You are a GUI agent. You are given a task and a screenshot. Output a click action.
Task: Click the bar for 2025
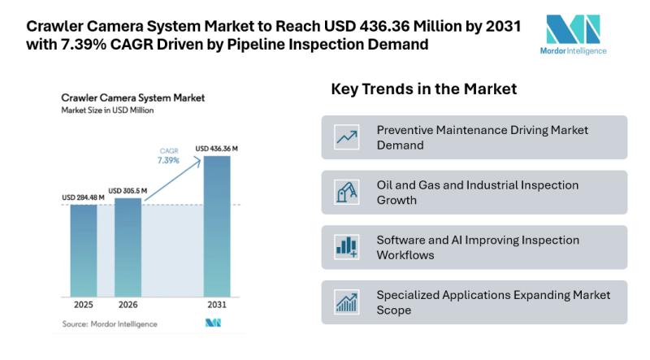click(x=84, y=250)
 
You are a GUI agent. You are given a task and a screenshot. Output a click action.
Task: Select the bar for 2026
click(x=128, y=247)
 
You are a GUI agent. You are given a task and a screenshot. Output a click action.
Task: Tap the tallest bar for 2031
click(x=217, y=227)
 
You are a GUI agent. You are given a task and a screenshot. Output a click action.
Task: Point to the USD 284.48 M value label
click(x=83, y=197)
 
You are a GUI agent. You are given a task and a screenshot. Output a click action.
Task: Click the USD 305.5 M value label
click(x=128, y=191)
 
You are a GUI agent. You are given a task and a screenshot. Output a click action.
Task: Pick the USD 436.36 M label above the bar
click(x=216, y=149)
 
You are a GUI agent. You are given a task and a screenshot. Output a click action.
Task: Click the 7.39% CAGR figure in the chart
click(x=168, y=160)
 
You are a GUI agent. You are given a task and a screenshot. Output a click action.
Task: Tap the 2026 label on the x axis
click(x=128, y=305)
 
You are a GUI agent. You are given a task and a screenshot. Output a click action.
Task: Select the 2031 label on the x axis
click(x=217, y=305)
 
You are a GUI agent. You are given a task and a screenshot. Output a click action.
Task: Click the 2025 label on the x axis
click(x=84, y=305)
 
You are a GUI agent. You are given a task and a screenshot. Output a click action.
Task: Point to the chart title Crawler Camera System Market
click(x=132, y=98)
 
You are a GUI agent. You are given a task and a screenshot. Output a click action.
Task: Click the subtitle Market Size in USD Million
click(x=107, y=111)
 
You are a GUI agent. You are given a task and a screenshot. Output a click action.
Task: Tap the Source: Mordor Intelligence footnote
click(x=110, y=324)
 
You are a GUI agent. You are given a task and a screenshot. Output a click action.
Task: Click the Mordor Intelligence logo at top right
click(x=573, y=35)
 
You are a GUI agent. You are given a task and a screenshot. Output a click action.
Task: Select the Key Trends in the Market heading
click(x=423, y=89)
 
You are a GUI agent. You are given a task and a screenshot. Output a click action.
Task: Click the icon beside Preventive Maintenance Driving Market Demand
click(x=347, y=137)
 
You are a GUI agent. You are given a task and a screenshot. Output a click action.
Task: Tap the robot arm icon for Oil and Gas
click(x=347, y=192)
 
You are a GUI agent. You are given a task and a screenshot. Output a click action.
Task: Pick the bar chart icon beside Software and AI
click(x=347, y=247)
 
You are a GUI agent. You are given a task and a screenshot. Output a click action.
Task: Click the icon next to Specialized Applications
click(x=347, y=302)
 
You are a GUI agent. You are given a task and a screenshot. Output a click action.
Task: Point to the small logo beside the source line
click(x=213, y=323)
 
